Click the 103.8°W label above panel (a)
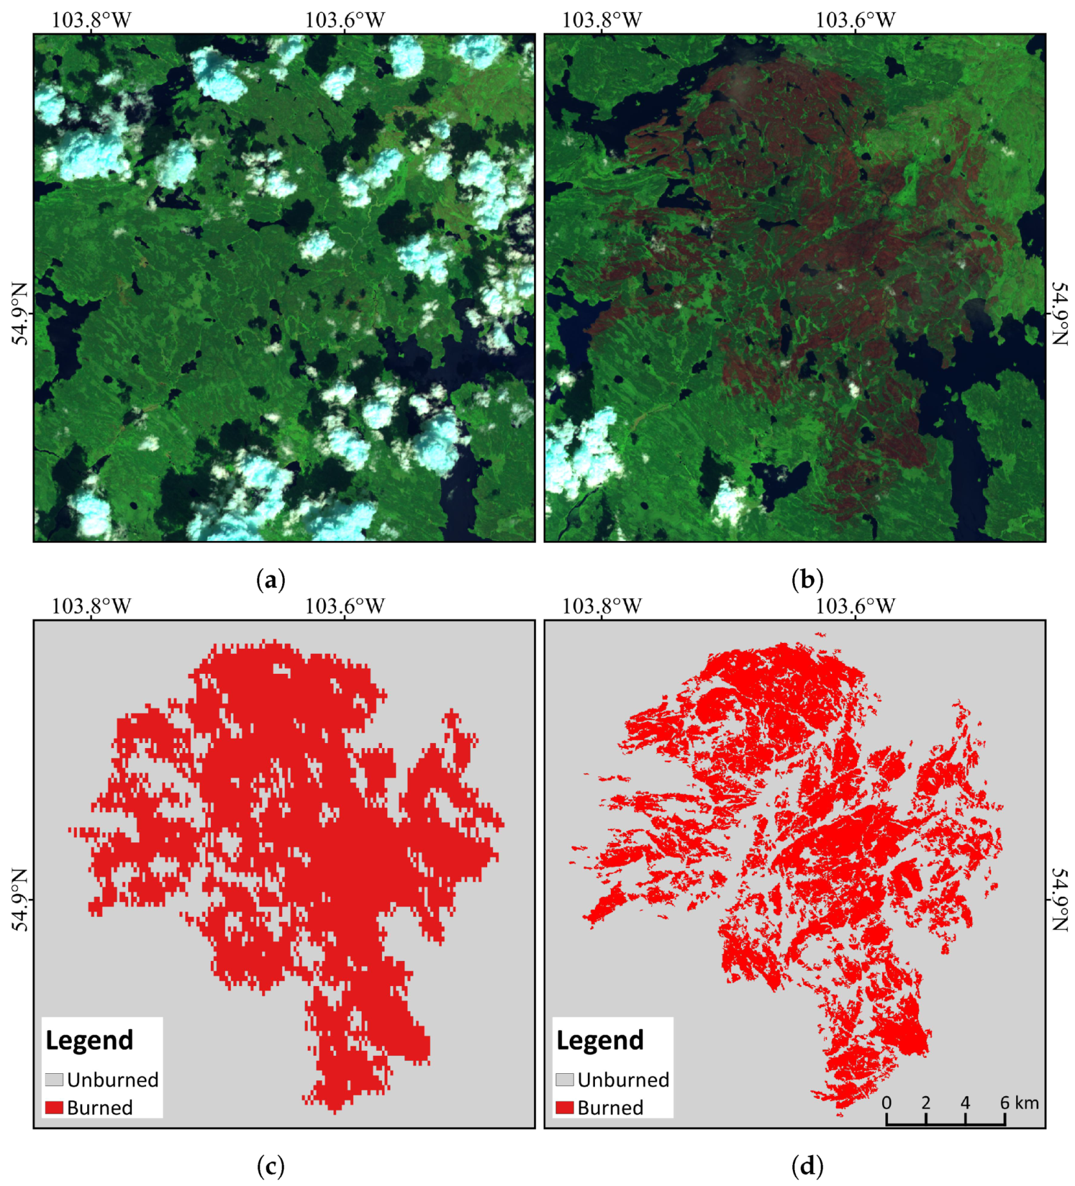coord(91,20)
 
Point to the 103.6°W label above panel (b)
coord(855,20)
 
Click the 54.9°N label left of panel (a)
coord(21,313)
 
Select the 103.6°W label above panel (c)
coord(344,606)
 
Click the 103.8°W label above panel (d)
coord(602,606)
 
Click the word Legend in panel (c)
coord(89,1040)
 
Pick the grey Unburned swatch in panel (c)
coord(54,1080)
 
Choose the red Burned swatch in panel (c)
coord(54,1107)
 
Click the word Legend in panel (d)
coord(600,1040)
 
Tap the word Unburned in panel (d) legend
coord(623,1080)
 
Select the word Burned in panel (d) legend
coord(610,1108)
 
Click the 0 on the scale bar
coord(887,1103)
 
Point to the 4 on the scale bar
coord(965,1103)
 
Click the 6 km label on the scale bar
coord(1019,1103)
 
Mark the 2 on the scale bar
coord(926,1103)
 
